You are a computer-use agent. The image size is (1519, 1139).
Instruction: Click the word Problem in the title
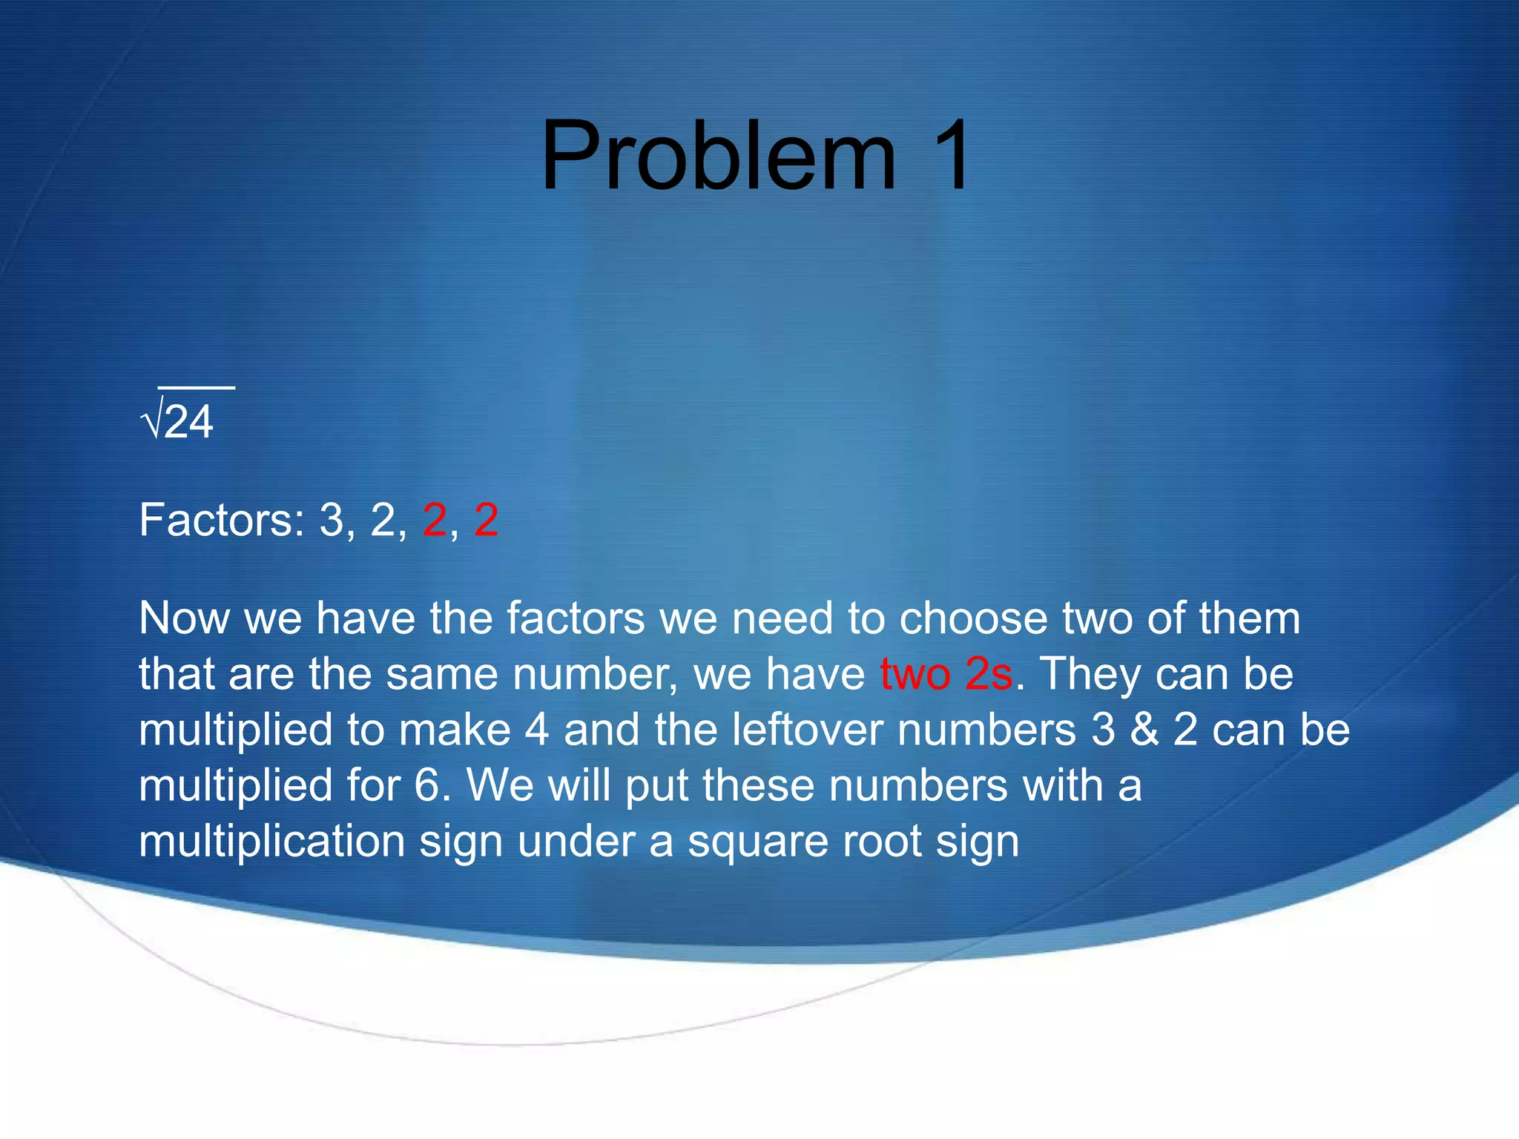718,157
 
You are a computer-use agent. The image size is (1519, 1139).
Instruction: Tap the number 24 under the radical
188,423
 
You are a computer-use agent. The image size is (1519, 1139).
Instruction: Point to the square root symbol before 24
151,423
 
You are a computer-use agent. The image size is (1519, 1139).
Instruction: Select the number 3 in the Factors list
332,520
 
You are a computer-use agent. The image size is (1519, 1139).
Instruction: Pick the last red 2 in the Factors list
486,520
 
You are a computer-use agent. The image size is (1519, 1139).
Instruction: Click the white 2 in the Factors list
383,520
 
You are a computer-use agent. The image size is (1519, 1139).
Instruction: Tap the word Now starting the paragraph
184,618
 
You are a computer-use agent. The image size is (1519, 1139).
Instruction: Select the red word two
915,674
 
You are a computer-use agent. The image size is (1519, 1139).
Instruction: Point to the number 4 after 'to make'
537,730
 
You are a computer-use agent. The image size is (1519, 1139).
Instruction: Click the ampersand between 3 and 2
1144,730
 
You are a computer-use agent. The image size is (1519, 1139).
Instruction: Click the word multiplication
271,842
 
